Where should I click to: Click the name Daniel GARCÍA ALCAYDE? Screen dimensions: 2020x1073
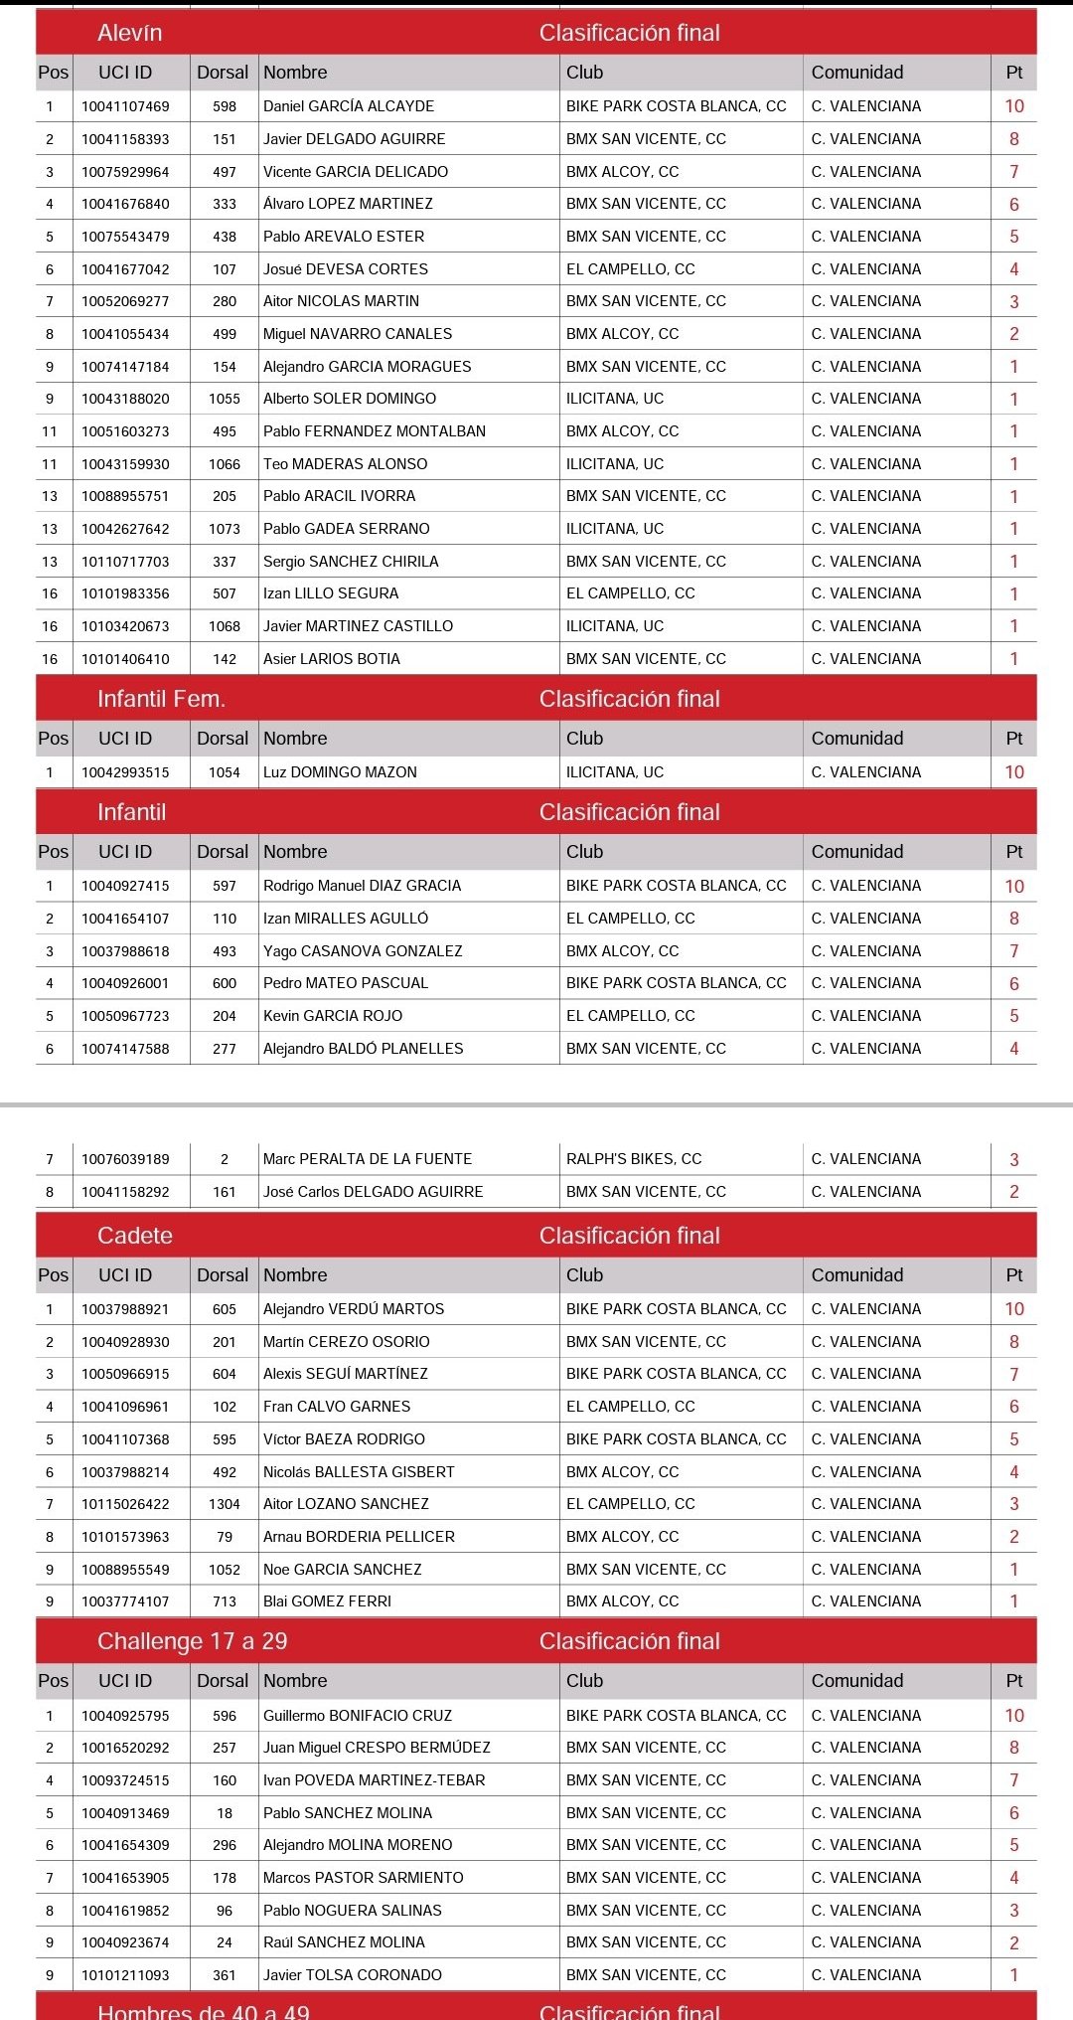349,106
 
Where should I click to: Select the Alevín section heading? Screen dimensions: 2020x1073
130,33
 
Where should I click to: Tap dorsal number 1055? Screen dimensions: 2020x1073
225,399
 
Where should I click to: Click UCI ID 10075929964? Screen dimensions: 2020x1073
125,172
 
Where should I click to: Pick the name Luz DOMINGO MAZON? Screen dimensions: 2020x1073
340,772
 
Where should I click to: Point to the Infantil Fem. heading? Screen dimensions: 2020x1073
161,699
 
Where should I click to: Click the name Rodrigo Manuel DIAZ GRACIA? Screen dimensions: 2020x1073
362,886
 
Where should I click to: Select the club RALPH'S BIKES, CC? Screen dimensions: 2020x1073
634,1159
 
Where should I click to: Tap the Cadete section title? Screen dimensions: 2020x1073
135,1236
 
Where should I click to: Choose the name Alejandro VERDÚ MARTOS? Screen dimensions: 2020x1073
354,1309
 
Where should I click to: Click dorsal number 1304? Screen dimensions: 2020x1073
225,1504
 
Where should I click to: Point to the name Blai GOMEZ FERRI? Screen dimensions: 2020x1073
327,1601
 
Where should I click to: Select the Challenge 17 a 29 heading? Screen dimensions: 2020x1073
192,1641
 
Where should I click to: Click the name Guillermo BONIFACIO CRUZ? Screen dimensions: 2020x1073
358,1716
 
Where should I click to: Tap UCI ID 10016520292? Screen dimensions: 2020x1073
125,1748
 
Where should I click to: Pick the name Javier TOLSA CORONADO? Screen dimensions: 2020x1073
353,1975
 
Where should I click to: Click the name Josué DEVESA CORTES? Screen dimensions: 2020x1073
346,269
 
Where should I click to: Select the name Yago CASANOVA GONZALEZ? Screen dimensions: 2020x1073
363,951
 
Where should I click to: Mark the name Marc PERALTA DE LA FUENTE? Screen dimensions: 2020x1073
368,1159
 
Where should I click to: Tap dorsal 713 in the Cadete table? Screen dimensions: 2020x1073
225,1601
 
